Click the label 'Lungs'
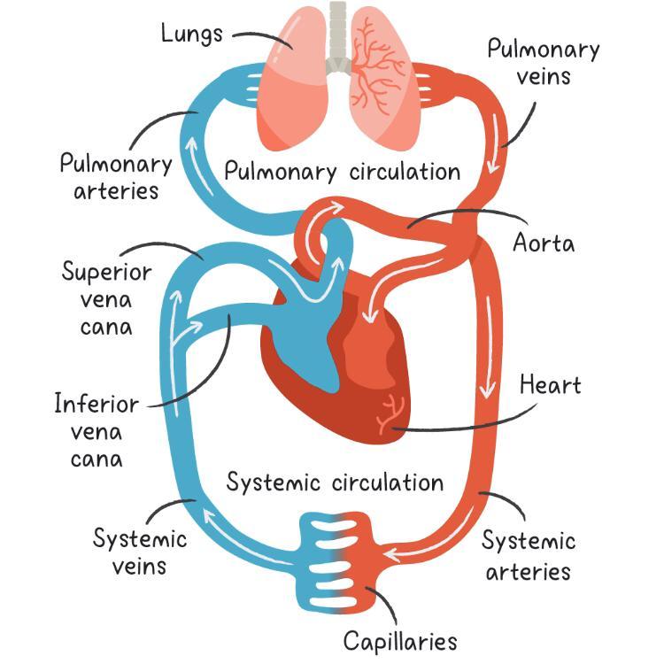[x=191, y=34]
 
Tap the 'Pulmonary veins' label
[x=543, y=62]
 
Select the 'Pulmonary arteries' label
[x=115, y=176]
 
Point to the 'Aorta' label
[x=544, y=243]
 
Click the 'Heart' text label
[x=550, y=385]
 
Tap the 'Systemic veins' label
[x=140, y=552]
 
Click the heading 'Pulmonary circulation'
[x=342, y=171]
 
